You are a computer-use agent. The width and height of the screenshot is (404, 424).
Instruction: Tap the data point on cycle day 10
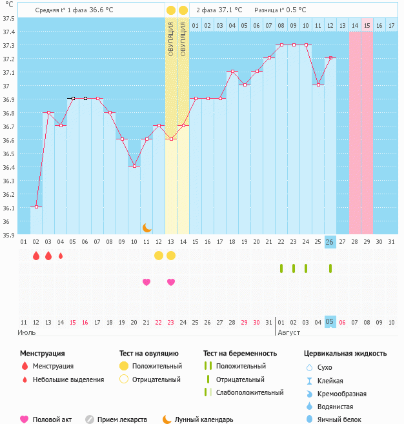point(135,166)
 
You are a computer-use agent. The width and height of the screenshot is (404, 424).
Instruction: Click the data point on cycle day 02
point(36,207)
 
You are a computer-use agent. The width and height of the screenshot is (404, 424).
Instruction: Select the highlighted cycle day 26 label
point(330,242)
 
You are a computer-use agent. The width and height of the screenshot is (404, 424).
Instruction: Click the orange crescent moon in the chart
point(147,228)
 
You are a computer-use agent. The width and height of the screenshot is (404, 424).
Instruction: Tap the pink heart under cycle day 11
point(146,282)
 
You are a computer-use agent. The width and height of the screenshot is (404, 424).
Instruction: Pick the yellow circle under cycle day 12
point(159,255)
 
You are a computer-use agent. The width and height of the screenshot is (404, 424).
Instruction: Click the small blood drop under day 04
point(61,256)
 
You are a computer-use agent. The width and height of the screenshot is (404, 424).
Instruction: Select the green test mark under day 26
point(330,268)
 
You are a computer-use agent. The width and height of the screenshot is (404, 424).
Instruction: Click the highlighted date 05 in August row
point(330,322)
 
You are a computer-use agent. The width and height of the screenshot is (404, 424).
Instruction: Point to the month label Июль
point(26,332)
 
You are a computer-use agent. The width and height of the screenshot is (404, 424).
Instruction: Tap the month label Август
point(289,332)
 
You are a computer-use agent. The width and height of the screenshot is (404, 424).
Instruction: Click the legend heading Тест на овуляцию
point(149,354)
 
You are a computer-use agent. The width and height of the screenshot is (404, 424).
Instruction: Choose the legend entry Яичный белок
point(338,419)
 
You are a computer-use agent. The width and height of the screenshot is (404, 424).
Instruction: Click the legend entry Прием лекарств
point(121,419)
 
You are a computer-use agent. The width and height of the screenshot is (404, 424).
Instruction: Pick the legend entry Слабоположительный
point(249,392)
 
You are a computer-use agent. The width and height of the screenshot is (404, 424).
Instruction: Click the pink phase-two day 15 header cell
point(367,25)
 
